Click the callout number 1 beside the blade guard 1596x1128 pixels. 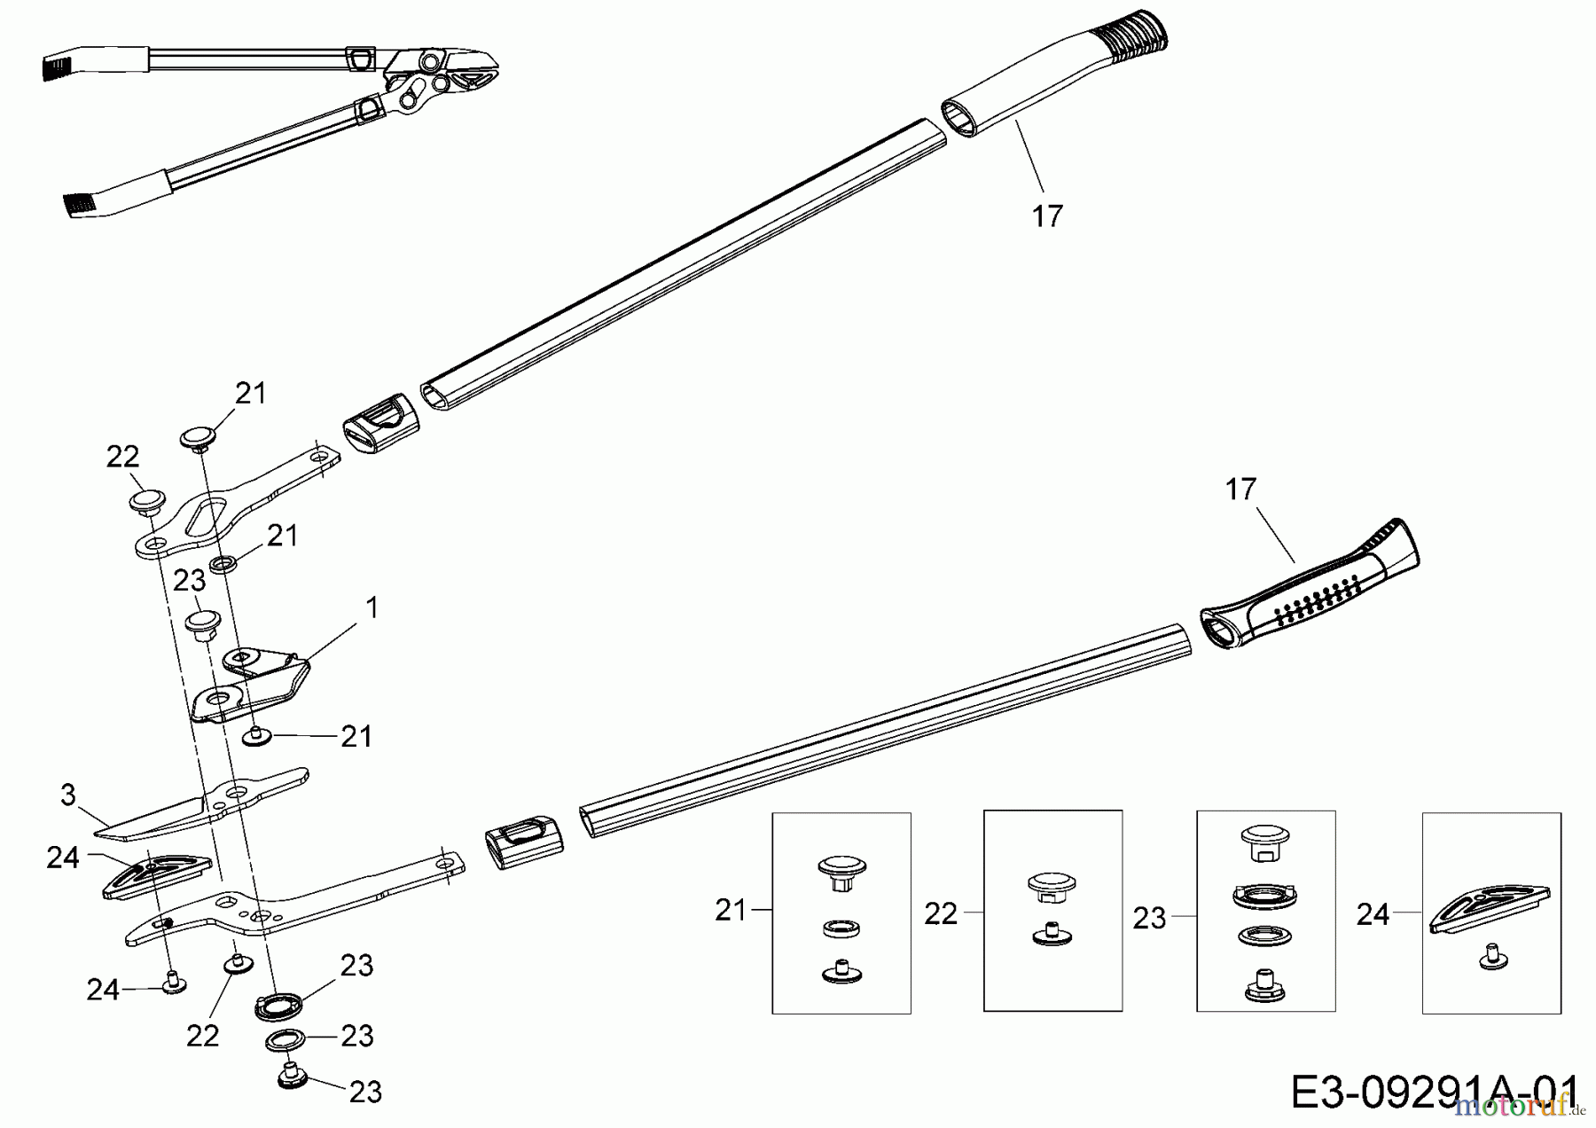click(x=372, y=607)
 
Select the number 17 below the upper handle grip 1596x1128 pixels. click(x=1047, y=215)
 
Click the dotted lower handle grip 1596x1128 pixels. click(x=1312, y=585)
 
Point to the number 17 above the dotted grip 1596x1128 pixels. click(x=1240, y=490)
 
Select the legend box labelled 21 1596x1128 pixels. click(x=841, y=913)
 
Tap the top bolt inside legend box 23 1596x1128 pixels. click(x=1265, y=841)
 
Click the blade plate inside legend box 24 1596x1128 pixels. click(x=1491, y=911)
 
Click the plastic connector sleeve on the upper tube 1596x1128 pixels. click(x=380, y=424)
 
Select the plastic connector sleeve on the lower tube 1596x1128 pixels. click(x=524, y=838)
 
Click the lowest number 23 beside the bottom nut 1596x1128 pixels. click(x=365, y=1093)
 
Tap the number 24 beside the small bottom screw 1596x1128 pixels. click(x=103, y=990)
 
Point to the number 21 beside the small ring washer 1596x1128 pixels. click(x=282, y=536)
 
